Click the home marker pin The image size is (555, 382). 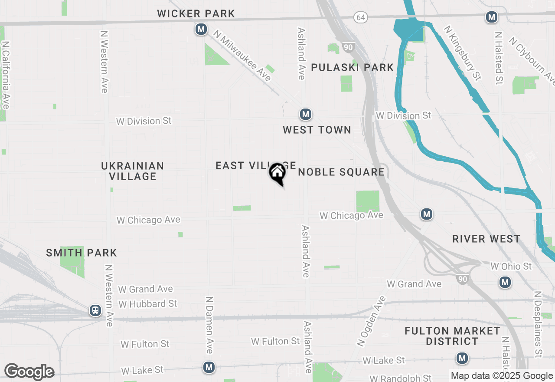click(x=277, y=173)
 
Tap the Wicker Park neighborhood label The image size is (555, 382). click(x=196, y=13)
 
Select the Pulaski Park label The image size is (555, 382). click(x=352, y=67)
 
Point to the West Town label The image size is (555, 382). click(x=317, y=130)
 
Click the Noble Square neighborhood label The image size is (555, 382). click(x=341, y=172)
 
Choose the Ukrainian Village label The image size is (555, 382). click(x=133, y=171)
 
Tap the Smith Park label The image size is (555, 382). click(x=82, y=253)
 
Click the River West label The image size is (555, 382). click(x=486, y=239)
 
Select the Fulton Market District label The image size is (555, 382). click(x=452, y=336)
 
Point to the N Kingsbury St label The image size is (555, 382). click(x=463, y=53)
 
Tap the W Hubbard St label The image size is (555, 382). click(x=148, y=304)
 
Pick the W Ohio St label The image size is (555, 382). click(x=511, y=266)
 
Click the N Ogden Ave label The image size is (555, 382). click(x=371, y=321)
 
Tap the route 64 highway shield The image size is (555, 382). click(x=360, y=17)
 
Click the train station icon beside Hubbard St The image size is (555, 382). click(x=95, y=310)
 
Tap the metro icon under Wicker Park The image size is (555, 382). click(x=200, y=29)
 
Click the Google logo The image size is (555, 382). click(x=29, y=372)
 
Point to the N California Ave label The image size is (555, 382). click(x=6, y=75)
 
